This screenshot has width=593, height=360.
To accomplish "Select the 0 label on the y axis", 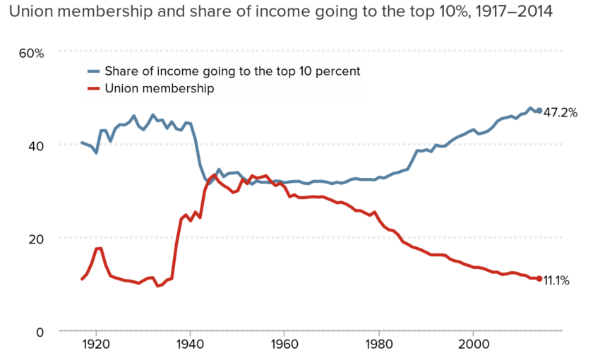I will (40, 332).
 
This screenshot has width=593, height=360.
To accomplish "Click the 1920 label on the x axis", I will (96, 345).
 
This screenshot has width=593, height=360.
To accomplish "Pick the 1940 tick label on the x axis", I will (190, 345).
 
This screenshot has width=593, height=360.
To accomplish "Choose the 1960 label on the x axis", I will (284, 345).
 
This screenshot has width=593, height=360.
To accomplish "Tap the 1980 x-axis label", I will (378, 345).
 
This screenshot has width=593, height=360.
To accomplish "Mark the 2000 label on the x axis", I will (472, 345).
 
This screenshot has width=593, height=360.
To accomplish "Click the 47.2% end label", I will (561, 112).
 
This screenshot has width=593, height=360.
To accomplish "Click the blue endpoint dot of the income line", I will (539, 111).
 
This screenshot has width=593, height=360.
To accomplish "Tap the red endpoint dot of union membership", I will (539, 279).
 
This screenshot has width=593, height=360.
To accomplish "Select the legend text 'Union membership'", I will (159, 89).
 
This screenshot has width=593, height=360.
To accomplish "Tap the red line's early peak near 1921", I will (99, 248).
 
